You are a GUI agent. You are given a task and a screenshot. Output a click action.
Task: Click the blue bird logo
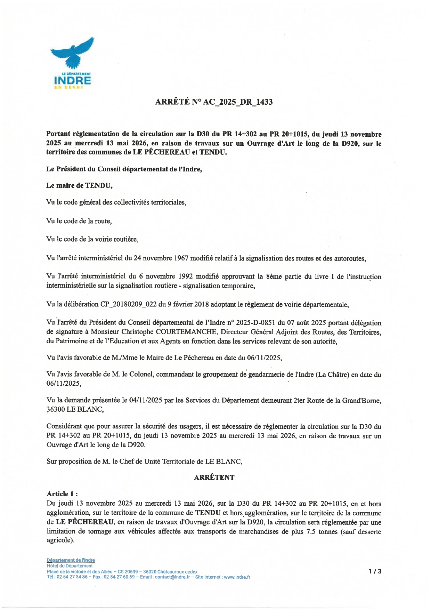tap(73, 53)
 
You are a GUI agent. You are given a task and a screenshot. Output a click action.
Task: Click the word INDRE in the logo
tap(73, 81)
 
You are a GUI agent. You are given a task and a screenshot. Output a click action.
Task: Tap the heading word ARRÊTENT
tap(214, 477)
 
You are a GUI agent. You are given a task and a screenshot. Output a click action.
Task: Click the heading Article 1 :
tap(62, 494)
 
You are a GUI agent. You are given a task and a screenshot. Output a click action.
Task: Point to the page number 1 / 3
tap(375, 571)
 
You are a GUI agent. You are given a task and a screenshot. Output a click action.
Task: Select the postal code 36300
tap(56, 409)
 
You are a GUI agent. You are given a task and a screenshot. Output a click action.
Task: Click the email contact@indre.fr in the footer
tap(172, 577)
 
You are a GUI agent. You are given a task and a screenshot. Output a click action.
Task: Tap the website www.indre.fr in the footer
tap(237, 577)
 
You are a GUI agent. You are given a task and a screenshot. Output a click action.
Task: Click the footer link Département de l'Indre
tap(71, 560)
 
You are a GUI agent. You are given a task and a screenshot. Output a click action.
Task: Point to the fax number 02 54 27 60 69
tap(119, 577)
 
